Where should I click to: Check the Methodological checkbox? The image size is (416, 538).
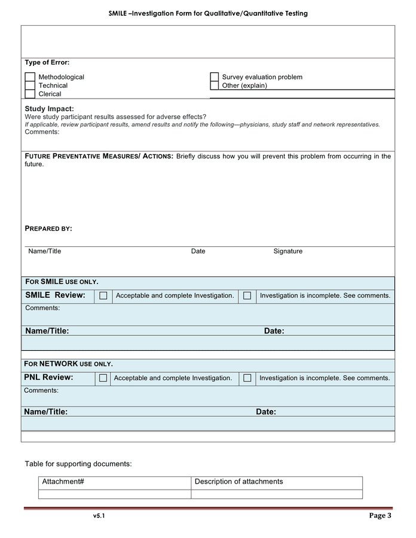(30, 77)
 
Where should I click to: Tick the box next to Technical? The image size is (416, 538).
(30, 85)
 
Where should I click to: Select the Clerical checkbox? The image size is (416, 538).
(30, 94)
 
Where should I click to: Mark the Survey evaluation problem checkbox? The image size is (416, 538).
(215, 77)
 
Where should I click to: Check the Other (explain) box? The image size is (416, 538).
(215, 85)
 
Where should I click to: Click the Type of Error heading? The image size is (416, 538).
(47, 62)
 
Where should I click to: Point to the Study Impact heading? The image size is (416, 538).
(49, 109)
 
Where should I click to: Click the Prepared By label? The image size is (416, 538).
(48, 228)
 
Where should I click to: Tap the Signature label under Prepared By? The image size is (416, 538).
(287, 251)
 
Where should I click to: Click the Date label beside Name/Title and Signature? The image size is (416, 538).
(198, 251)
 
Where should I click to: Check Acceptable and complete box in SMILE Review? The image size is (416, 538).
(103, 295)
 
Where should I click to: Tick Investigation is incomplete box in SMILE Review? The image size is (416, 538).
(247, 295)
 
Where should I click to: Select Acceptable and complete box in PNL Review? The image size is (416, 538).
(103, 378)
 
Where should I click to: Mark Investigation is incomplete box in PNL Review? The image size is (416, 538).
(247, 378)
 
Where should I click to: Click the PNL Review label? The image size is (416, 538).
(48, 377)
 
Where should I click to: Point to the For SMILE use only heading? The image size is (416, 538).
(62, 282)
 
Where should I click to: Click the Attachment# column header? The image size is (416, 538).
(62, 482)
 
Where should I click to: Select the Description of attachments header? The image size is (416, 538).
(238, 482)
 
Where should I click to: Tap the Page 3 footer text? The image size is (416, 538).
(380, 515)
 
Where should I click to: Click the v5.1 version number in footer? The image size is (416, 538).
(99, 516)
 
